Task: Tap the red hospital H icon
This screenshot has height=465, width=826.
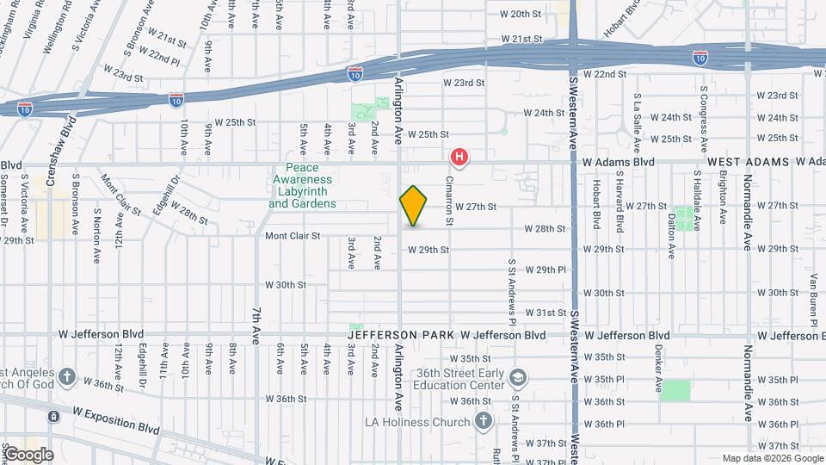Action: pyautogui.click(x=460, y=157)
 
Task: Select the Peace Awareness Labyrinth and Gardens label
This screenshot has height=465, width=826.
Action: pyautogui.click(x=302, y=186)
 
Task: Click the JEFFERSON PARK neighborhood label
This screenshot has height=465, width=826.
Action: pyautogui.click(x=401, y=334)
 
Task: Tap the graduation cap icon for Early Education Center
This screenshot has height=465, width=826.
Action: pyautogui.click(x=518, y=377)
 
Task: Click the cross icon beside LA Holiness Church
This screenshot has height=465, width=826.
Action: pyautogui.click(x=484, y=421)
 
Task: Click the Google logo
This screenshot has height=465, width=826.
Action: pyautogui.click(x=28, y=455)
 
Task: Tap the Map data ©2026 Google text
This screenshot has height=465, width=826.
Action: pyautogui.click(x=772, y=458)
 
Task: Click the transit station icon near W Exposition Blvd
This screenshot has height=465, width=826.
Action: pyautogui.click(x=53, y=418)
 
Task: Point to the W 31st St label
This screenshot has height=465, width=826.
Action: pyautogui.click(x=546, y=313)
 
